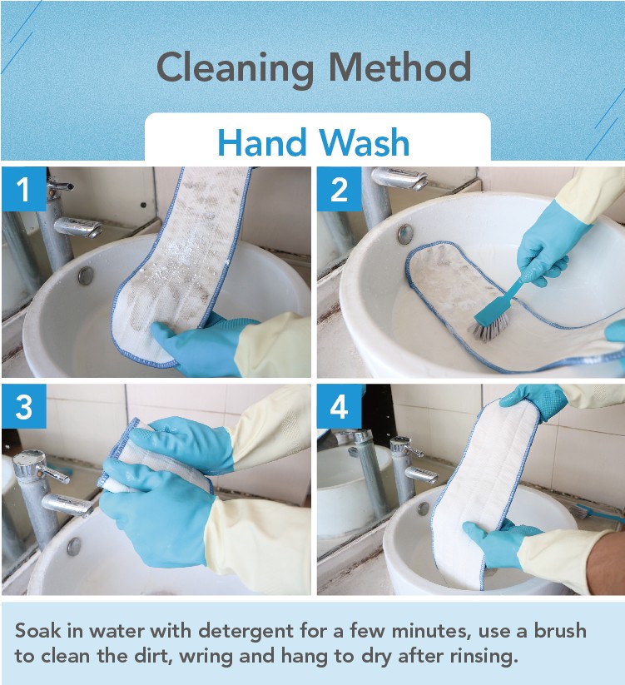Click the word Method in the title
pos(400,67)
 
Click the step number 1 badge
pos(24,189)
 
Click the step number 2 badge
pos(340,189)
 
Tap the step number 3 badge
pos(24,406)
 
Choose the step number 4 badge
pos(340,406)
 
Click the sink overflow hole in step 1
pos(86,275)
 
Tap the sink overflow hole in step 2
pos(404,234)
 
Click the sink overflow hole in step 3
pos(74,546)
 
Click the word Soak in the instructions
pos(37,631)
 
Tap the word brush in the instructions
pos(560,631)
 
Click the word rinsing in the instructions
pos(484,657)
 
